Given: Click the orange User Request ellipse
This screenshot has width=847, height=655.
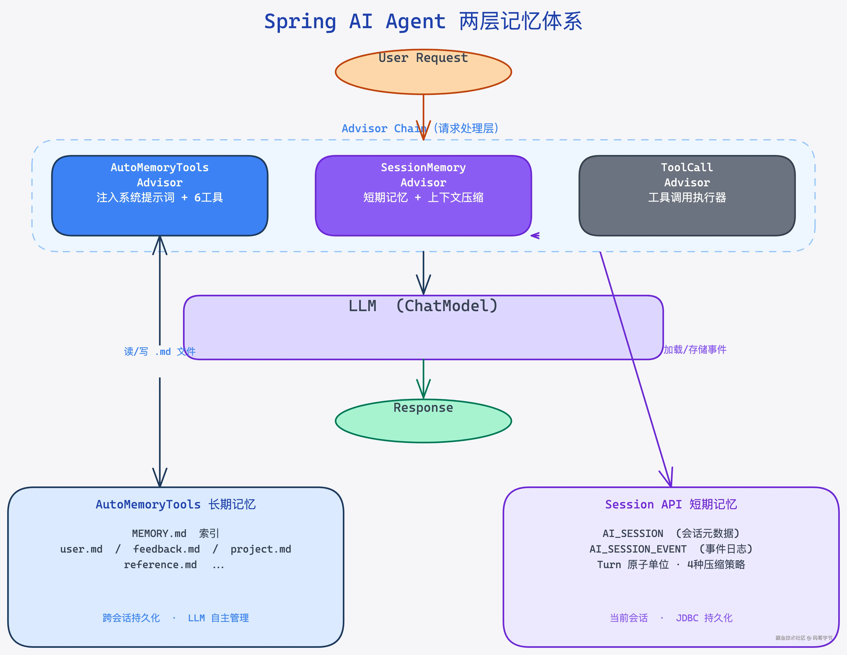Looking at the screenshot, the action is (423, 72).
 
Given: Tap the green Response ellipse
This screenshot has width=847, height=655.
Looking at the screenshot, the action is (423, 421).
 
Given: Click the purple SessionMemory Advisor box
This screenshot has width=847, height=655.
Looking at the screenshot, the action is (423, 196).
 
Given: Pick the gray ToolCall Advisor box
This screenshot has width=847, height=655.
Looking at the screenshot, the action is (687, 196).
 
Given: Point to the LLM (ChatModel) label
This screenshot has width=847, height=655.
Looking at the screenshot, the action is (423, 306).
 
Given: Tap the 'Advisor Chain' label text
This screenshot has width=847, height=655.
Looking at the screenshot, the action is (384, 128).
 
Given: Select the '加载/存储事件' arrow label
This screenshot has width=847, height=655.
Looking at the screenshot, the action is (695, 350).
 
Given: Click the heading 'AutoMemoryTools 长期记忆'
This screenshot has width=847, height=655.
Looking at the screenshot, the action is (176, 504).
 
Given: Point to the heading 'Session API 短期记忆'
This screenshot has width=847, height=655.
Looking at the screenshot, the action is (671, 504).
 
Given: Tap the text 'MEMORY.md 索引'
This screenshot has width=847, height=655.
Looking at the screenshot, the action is (176, 534).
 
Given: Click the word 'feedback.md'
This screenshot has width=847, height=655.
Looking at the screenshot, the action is (166, 549).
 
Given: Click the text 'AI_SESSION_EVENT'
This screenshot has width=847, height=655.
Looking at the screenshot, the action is (638, 549).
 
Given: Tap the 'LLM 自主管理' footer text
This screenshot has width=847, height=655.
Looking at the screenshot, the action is (218, 618).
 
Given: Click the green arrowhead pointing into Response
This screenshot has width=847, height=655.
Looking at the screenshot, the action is (423, 389).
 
